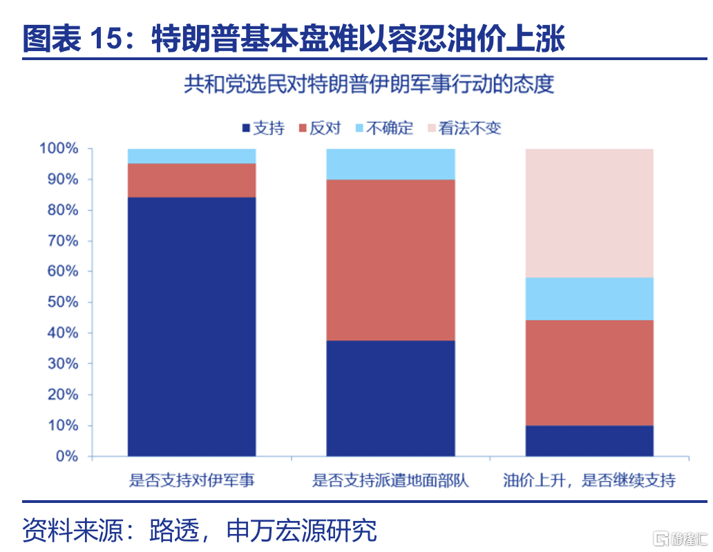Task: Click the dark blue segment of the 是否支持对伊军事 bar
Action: coord(191,327)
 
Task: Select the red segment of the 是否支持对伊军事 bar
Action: coord(191,180)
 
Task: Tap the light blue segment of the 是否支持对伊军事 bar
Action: coord(191,156)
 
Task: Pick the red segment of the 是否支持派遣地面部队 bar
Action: coord(390,260)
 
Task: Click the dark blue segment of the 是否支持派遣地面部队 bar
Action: coord(390,399)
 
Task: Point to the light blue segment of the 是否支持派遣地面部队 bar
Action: coord(390,164)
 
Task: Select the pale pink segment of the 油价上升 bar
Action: coord(589,213)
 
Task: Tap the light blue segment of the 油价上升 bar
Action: coord(589,298)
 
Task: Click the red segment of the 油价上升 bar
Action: coord(589,373)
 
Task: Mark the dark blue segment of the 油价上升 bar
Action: coord(589,441)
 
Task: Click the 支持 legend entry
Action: coord(264,129)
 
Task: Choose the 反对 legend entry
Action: coord(320,129)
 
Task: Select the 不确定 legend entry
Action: coord(384,129)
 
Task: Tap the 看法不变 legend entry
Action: coord(464,129)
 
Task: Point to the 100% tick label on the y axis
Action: coord(59,149)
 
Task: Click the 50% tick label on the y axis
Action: coord(63,302)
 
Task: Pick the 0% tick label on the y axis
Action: coord(67,456)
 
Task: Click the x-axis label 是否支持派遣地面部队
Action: coord(390,480)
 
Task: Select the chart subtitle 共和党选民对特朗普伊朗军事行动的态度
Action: coord(369,84)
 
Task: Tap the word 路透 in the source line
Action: coord(175,530)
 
